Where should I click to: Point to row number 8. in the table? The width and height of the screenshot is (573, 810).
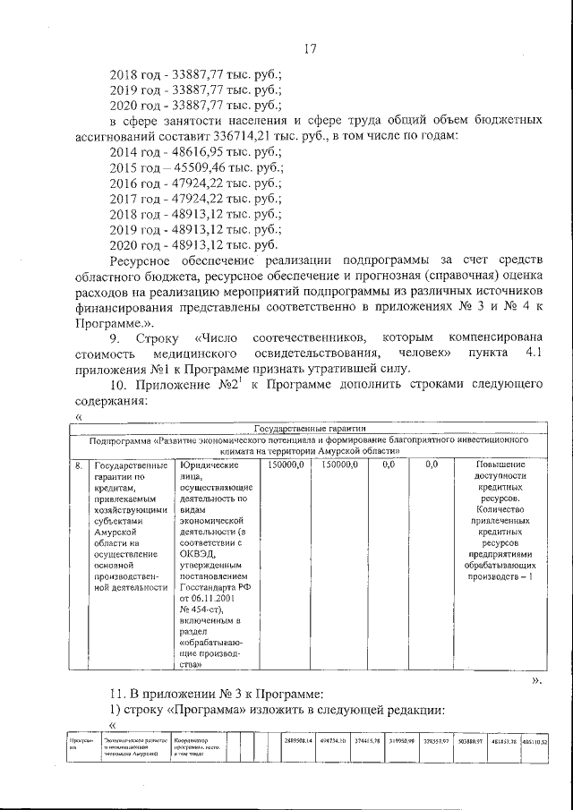[80, 465]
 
